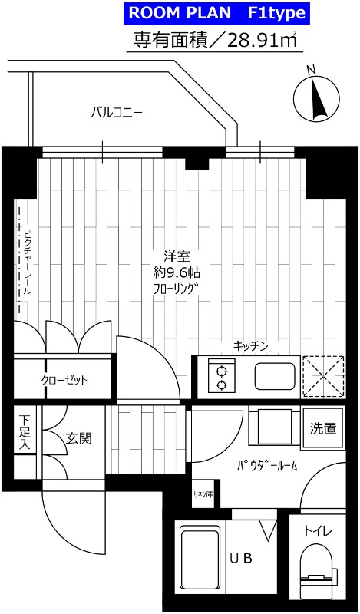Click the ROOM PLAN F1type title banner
click(x=216, y=13)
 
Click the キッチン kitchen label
click(x=250, y=346)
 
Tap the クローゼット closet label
click(x=64, y=380)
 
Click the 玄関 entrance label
click(x=78, y=439)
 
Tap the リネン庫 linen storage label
click(x=203, y=495)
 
